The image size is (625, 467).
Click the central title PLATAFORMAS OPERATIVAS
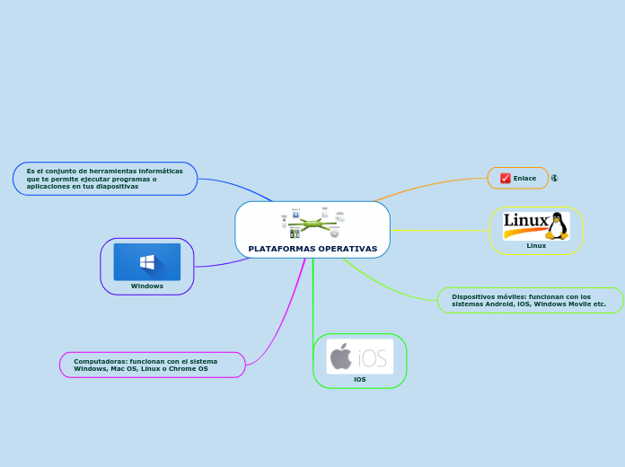click(312, 248)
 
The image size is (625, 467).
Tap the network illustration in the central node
click(312, 223)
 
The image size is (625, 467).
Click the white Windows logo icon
click(147, 261)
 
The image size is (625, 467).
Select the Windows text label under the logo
click(147, 286)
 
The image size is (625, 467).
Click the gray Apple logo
click(341, 357)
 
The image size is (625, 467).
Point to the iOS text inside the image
click(373, 358)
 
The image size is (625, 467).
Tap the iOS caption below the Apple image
click(359, 380)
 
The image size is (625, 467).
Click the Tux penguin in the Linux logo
click(558, 225)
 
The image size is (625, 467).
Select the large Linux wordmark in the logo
click(525, 221)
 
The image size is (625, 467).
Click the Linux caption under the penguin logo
click(536, 245)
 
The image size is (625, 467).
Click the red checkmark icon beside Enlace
click(506, 178)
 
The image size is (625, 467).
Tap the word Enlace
click(524, 178)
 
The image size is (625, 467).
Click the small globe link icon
click(555, 178)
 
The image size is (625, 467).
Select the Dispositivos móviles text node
click(530, 300)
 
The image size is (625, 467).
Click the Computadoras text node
click(145, 365)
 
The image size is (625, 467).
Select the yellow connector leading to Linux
click(440, 231)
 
